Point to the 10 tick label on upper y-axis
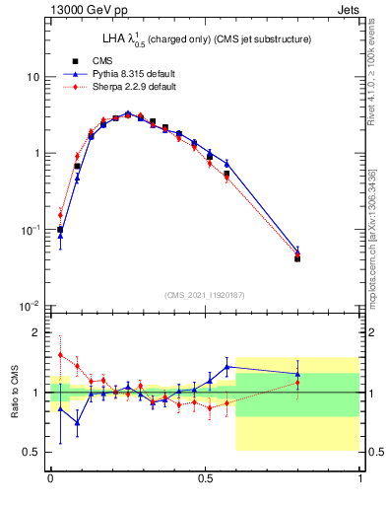[x=33, y=77]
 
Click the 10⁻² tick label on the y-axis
[x=31, y=306]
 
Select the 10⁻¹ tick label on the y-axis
[x=31, y=230]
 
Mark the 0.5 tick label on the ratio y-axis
[x=34, y=452]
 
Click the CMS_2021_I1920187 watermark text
[x=205, y=294]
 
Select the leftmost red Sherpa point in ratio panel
[x=60, y=355]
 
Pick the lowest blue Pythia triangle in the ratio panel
[x=77, y=422]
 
